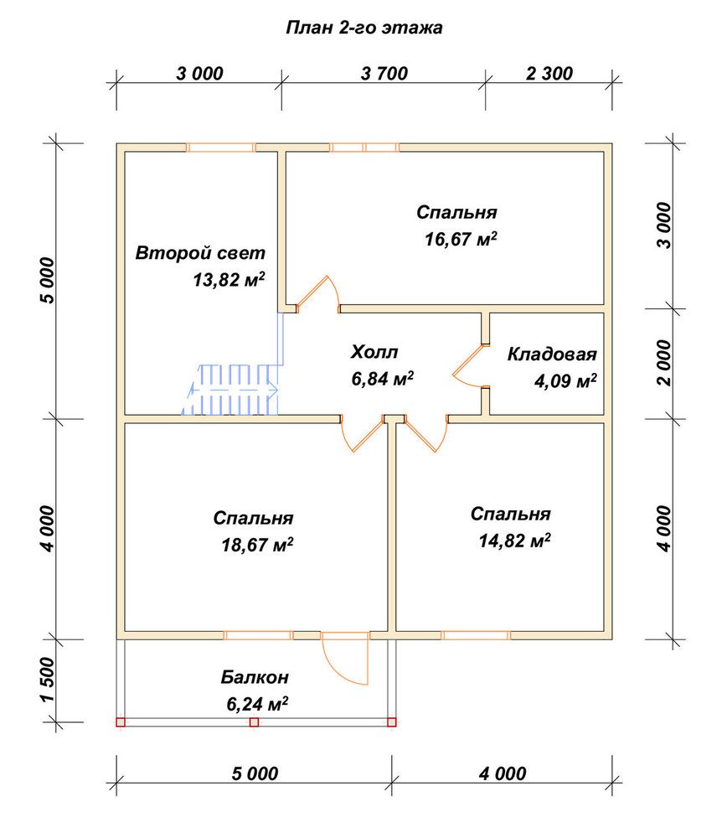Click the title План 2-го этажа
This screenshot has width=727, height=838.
tap(364, 28)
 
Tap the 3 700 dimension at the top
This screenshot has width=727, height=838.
tap(384, 73)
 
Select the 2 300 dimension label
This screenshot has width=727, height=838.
tap(549, 73)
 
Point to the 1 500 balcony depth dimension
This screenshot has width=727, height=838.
tap(47, 680)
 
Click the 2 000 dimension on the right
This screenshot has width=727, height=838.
tap(663, 362)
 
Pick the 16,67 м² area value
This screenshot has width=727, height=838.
tap(461, 238)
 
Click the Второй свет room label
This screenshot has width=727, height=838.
tap(200, 252)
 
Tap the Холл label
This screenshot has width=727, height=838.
tap(374, 352)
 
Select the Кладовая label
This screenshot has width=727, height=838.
tap(552, 354)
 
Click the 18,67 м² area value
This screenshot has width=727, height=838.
tap(257, 545)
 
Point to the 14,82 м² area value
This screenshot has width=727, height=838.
tap(515, 541)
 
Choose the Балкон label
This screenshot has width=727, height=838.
tap(255, 677)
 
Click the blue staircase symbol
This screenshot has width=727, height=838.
tap(230, 390)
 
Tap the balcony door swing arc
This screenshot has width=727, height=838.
tap(336, 669)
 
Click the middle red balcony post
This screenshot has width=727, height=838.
tap(255, 722)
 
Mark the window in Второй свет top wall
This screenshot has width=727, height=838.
tap(220, 147)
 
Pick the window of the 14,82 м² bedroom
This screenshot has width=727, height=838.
tap(476, 635)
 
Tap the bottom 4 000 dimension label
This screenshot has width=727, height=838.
tap(503, 773)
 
